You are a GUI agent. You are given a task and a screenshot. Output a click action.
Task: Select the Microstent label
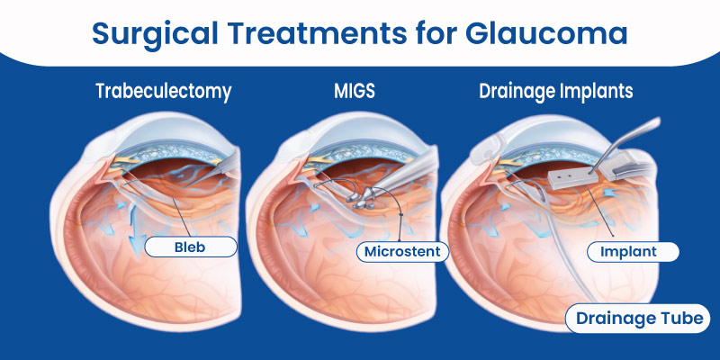403,251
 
